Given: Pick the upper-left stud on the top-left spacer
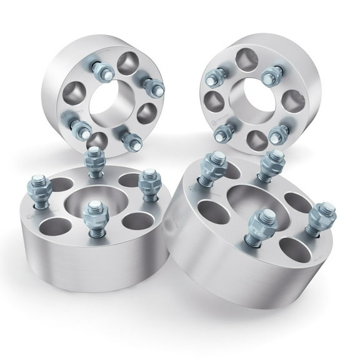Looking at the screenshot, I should [x=102, y=72].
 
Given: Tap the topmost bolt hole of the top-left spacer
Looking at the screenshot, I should [x=127, y=62].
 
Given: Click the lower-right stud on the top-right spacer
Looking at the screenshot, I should [x=277, y=134].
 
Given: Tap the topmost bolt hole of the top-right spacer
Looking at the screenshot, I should [x=246, y=59].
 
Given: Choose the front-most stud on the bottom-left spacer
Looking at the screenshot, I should [x=94, y=218].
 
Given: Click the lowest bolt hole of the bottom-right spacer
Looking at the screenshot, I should [x=294, y=249].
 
